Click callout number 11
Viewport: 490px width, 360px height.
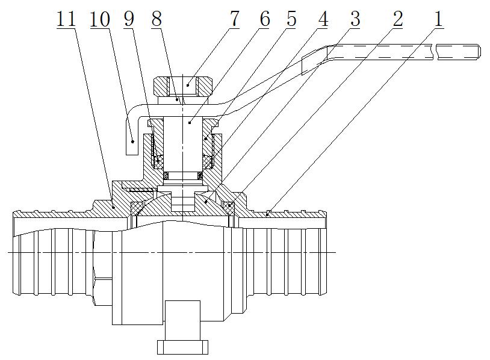66,19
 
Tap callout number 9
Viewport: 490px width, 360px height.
129,19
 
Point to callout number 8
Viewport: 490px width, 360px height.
157,19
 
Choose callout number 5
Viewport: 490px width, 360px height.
291,19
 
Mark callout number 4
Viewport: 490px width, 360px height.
323,19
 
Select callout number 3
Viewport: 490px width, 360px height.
355,19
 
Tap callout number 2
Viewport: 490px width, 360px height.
397,19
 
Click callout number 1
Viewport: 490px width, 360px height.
438,19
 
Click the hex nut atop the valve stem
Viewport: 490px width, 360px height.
184,85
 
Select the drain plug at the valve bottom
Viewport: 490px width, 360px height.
183,346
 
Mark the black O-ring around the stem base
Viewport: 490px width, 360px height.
184,175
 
